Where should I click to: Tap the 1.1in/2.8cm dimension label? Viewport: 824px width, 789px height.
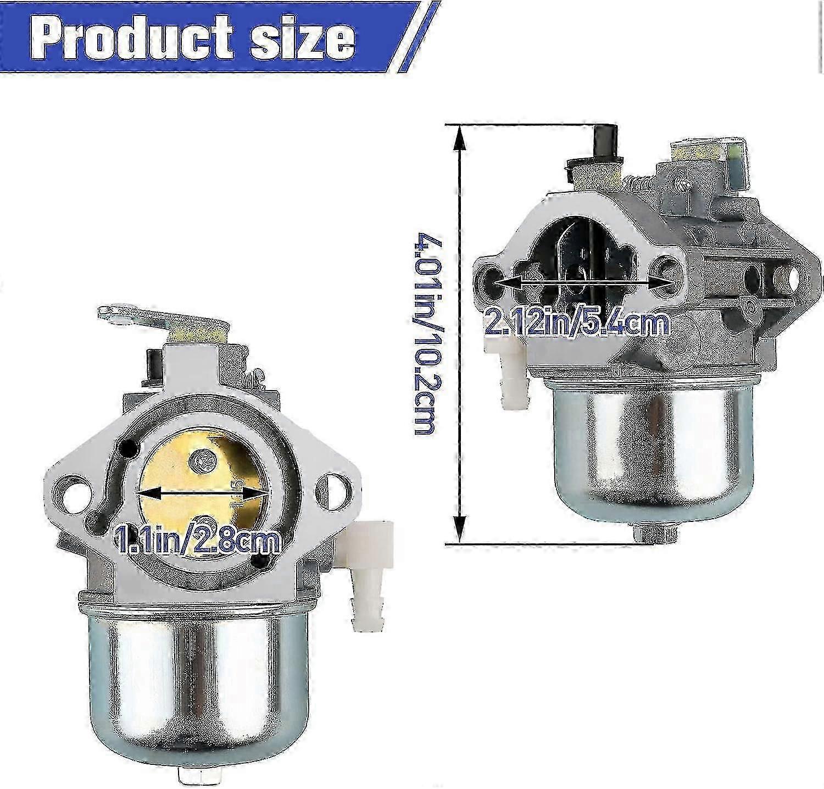point(197,541)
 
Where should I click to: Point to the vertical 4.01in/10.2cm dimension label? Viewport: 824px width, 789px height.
point(426,335)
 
